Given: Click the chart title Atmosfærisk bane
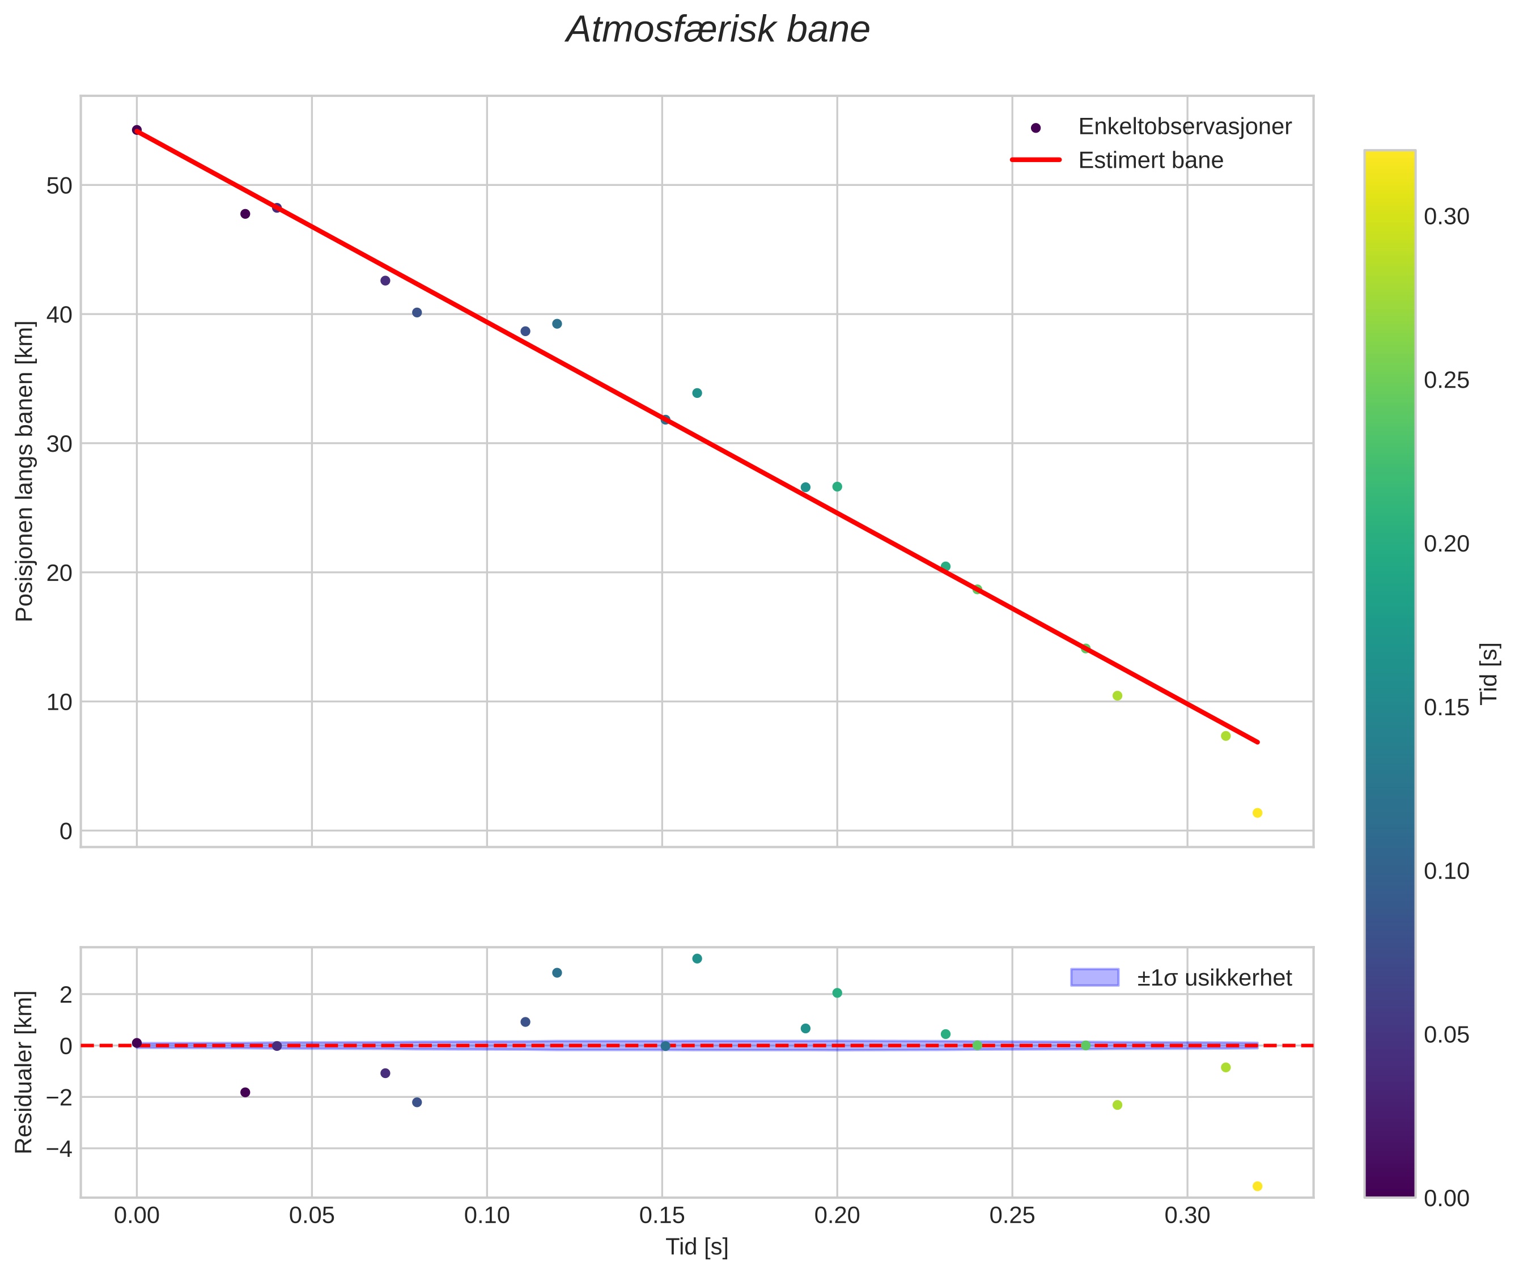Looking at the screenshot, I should [718, 30].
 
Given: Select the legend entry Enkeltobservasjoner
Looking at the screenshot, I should [1183, 127].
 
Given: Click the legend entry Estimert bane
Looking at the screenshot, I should [1151, 160].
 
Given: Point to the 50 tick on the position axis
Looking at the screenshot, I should [59, 185].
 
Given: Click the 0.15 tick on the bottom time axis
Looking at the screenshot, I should [662, 1216].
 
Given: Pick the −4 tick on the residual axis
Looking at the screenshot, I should [58, 1148].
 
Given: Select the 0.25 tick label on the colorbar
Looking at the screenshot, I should [1446, 380].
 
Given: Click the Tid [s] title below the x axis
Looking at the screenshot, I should [697, 1247].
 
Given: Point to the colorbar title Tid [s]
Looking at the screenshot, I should [1489, 673].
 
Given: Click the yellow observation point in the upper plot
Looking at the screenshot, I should [1257, 813].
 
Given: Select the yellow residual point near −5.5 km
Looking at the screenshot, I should [1257, 1186].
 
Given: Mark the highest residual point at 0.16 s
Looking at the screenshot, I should [697, 959].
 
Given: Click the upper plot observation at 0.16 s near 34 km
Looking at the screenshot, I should [697, 393].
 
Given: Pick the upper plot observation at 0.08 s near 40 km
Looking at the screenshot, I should [417, 312].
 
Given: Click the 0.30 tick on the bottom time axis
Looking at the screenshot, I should [1187, 1216].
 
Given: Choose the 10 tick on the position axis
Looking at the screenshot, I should [59, 702].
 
